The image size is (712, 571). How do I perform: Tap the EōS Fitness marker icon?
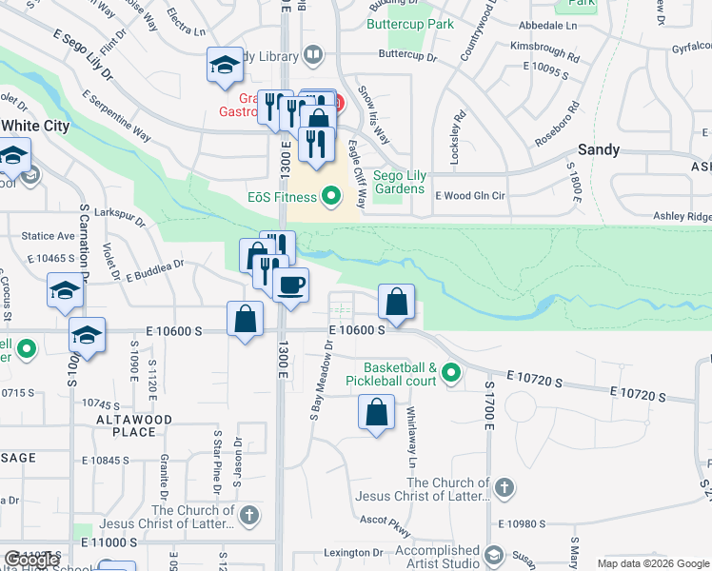coord(331,197)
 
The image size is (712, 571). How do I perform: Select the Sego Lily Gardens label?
coord(398,182)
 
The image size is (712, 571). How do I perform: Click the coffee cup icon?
coord(290,284)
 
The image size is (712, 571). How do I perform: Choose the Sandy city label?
coord(600,149)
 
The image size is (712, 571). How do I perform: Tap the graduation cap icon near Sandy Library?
coord(225,66)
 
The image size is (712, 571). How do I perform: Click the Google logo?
coord(686,563)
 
